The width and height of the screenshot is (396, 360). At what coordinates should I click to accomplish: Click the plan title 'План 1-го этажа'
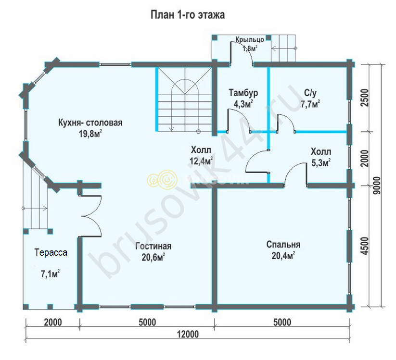(x=188, y=14)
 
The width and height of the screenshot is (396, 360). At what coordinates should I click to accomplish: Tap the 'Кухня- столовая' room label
(x=90, y=123)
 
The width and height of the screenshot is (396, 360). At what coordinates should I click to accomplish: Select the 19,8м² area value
(x=90, y=134)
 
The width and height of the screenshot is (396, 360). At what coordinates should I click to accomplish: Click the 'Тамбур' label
(x=243, y=93)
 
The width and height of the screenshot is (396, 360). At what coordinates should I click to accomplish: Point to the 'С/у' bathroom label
(x=310, y=93)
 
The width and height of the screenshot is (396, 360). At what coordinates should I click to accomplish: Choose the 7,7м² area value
(x=310, y=104)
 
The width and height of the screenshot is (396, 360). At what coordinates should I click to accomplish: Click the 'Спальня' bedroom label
(x=283, y=244)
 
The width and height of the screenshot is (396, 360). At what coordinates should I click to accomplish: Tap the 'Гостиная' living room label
(x=153, y=246)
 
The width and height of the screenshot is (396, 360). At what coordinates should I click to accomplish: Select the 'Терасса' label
(x=51, y=252)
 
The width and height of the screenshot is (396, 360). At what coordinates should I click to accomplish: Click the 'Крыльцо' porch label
(x=250, y=39)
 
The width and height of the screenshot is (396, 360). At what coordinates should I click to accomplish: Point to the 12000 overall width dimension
(x=188, y=334)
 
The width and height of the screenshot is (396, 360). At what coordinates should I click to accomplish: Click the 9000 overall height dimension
(x=377, y=185)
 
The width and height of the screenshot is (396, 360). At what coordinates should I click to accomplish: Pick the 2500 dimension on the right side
(x=365, y=98)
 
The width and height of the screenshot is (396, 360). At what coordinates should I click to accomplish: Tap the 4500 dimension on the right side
(x=365, y=246)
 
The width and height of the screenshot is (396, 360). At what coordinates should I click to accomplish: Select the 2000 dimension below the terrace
(x=53, y=322)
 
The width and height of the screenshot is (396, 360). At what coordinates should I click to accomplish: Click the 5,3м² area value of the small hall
(x=321, y=163)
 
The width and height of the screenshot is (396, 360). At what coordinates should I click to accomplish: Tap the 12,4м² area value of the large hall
(x=201, y=161)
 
